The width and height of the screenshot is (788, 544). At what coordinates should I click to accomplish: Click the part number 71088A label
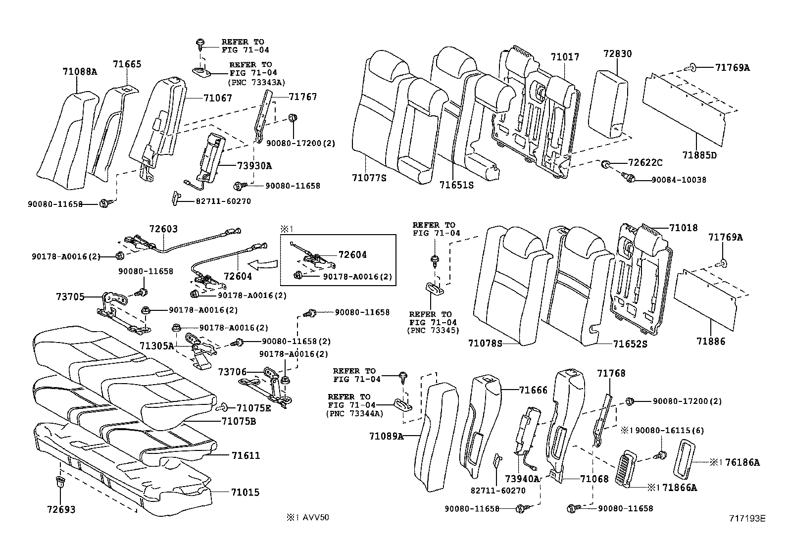[80, 71]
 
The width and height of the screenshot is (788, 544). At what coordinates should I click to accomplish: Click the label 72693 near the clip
[61, 509]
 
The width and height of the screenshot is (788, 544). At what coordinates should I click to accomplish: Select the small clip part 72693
[59, 483]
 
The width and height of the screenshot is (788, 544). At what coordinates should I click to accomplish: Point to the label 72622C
[645, 162]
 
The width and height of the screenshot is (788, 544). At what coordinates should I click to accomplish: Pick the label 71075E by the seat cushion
[253, 408]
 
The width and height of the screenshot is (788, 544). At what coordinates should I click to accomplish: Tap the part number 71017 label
[565, 57]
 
